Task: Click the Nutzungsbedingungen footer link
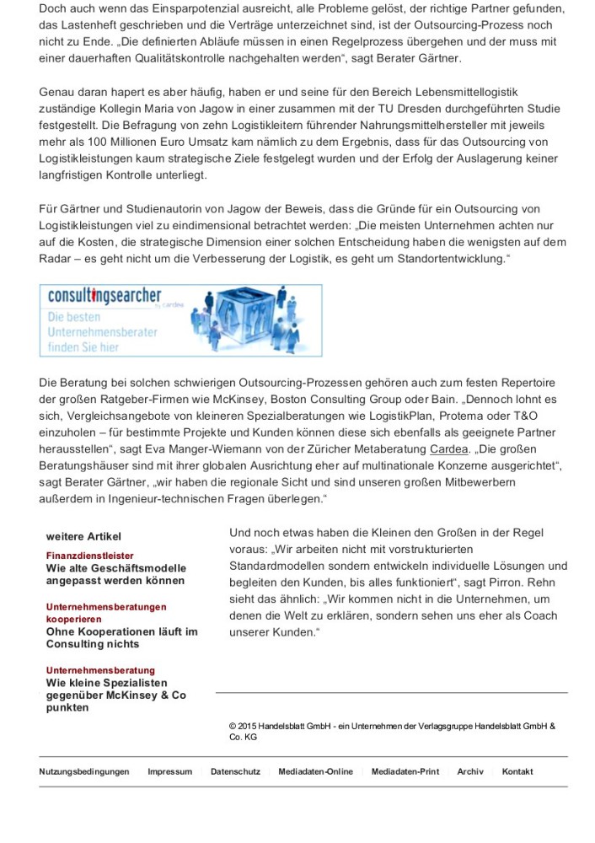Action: coord(84,771)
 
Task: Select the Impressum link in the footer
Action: coord(169,771)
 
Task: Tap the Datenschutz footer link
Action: coord(235,771)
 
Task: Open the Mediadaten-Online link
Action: coord(316,771)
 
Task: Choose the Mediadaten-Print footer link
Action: coord(405,771)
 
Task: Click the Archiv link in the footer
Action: coord(470,771)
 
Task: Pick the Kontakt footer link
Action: coord(517,771)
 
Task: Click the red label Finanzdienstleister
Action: coord(89,556)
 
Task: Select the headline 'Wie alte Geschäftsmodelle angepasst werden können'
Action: coord(115,574)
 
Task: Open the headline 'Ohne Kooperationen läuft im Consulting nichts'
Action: coord(121,637)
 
